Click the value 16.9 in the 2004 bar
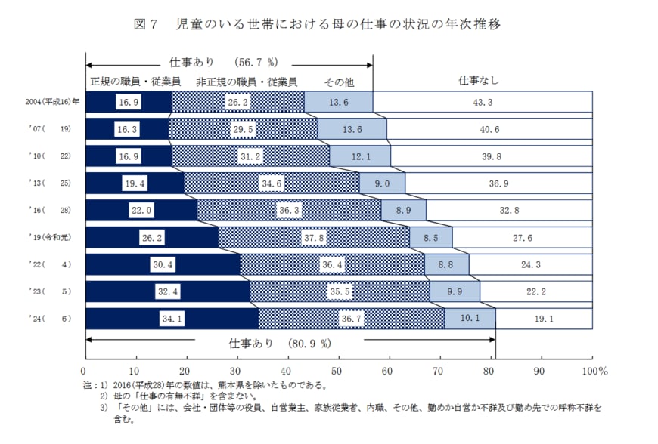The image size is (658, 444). pos(127,102)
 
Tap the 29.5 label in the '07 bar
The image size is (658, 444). pos(243,129)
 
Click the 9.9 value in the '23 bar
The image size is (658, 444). pos(455,291)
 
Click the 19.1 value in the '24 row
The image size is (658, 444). pos(544,319)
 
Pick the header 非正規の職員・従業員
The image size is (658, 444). pos(246,81)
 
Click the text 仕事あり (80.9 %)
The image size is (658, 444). pos(280,344)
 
